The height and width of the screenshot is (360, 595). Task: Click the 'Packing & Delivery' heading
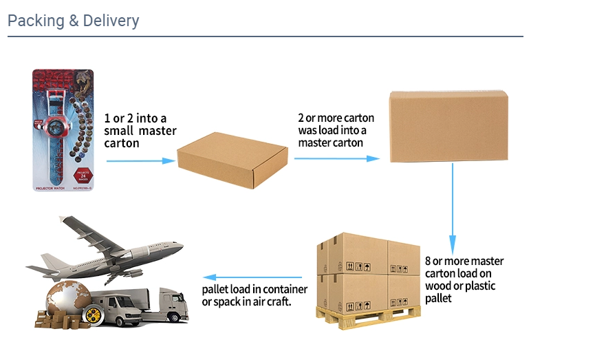click(x=74, y=21)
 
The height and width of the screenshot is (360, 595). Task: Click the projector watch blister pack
click(x=64, y=129)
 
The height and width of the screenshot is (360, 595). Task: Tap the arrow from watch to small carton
click(x=140, y=161)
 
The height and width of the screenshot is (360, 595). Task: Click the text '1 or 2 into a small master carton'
click(x=140, y=131)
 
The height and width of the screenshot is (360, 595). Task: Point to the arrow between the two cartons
click(x=336, y=158)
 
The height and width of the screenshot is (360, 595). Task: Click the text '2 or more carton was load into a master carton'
click(x=333, y=130)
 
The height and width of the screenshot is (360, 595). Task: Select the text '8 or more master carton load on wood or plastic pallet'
click(x=464, y=279)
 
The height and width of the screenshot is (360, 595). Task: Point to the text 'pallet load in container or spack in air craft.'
click(x=255, y=295)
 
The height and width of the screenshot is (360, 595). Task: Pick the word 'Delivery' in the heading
click(x=111, y=21)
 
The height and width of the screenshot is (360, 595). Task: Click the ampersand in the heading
click(x=74, y=21)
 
